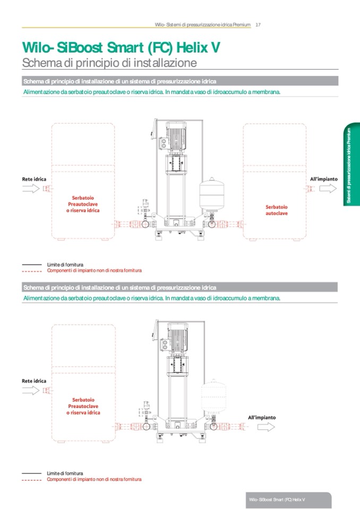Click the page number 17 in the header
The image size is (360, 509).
coord(258,24)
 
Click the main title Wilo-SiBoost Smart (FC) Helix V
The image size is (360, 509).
coord(120,48)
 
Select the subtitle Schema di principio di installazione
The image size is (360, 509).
coord(109,63)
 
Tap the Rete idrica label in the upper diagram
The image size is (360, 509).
coord(34,179)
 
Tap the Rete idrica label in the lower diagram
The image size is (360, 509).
coord(34,381)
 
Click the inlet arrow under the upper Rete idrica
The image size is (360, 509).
coord(31,189)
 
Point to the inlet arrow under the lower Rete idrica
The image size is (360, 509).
coord(31,391)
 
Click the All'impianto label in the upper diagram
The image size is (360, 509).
coord(323,179)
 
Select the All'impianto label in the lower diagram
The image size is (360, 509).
coord(262,417)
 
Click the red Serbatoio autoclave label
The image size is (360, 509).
coord(277,210)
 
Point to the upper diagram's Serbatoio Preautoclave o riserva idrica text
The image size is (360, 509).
coord(83,204)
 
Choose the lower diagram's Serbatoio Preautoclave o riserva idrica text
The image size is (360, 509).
coord(83,406)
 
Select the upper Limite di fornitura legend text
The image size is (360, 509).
coord(65,264)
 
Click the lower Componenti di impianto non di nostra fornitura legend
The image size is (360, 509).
coord(94,479)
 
